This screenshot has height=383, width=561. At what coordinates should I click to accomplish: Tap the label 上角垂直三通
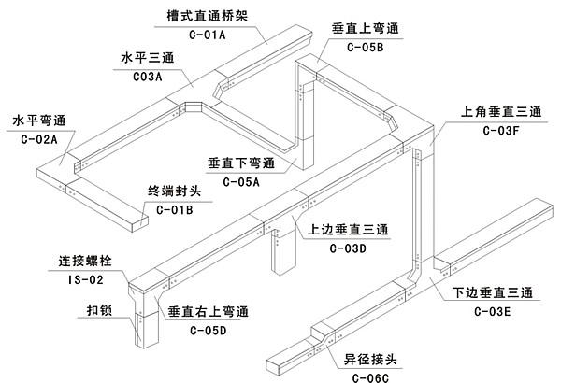501,111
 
